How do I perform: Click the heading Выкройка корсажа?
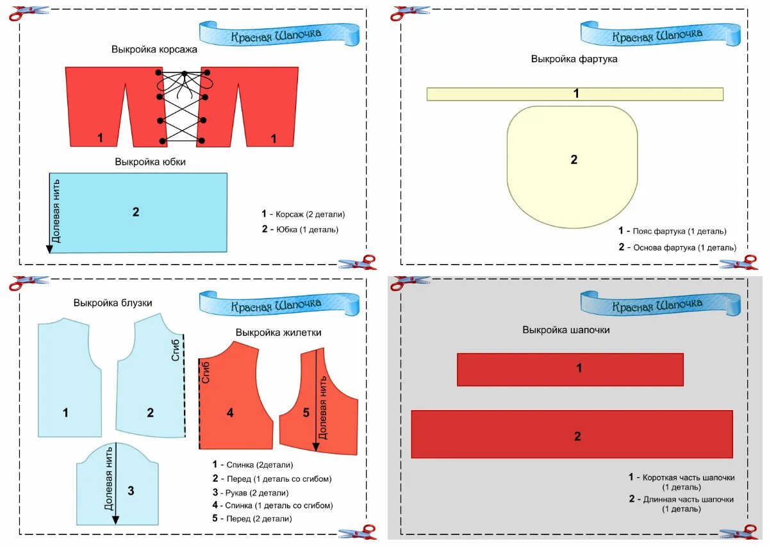coord(154,49)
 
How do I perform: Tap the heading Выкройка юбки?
coord(151,162)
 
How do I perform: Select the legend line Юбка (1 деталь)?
coord(300,229)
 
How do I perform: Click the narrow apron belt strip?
coord(575,94)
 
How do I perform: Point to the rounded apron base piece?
coord(572,167)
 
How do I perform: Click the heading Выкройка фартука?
coord(574,59)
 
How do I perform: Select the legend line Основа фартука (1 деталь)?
coord(678,247)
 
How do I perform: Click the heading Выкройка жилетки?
coord(278,333)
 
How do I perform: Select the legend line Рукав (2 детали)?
coord(251,493)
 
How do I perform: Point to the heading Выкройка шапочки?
coord(566,330)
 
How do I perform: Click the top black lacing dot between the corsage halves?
coord(185,73)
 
